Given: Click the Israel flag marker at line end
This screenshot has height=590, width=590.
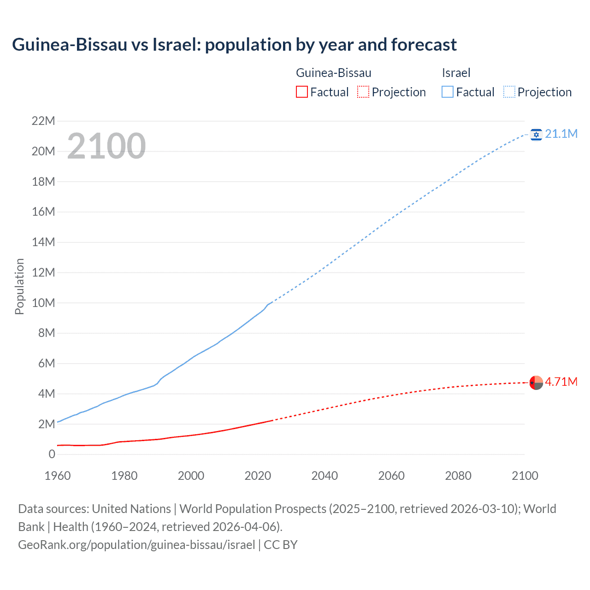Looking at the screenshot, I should point(536,134).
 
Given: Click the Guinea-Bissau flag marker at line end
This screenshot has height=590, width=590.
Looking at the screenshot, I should point(536,383).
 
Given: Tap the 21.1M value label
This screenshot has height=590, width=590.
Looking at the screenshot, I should point(561,134).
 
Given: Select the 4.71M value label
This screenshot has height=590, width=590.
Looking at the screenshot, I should point(561,382).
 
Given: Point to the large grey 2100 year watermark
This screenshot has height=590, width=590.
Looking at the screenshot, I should point(106,146).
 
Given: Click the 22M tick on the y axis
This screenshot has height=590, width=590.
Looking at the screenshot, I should point(43,121).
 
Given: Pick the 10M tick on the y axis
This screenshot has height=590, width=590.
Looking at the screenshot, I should point(43,303).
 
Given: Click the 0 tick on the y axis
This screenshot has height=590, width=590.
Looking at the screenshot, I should point(52,454).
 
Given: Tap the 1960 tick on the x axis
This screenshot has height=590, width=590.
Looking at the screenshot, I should point(58,476).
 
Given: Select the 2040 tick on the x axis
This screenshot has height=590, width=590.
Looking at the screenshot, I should point(324,476).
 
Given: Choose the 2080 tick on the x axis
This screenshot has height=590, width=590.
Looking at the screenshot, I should point(458,476).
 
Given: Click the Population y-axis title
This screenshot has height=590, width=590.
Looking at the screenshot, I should point(19,286).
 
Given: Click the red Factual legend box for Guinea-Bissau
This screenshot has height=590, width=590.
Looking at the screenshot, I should point(302,92).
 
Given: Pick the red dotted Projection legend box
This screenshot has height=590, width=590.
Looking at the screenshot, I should point(363,92).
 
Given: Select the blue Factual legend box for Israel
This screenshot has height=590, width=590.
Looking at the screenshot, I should point(448,92).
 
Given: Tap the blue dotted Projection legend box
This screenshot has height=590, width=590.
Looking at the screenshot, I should point(509,92).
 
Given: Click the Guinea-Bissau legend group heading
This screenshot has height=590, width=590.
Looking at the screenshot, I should point(333,73).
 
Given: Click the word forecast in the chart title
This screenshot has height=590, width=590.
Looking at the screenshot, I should point(424,45).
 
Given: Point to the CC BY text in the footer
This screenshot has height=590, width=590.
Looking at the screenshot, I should point(281,545).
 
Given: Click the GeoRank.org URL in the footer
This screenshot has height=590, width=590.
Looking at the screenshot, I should point(136,545).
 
